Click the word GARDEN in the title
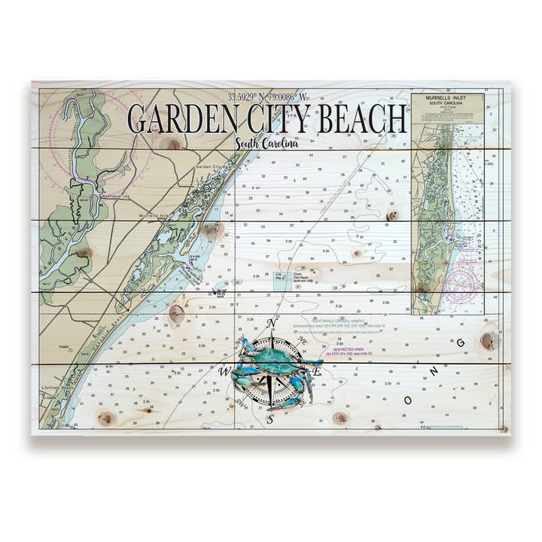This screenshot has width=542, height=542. point(178,120)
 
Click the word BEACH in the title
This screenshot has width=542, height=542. point(364,120)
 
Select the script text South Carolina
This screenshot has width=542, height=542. point(266,144)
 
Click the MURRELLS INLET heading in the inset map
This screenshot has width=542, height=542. point(447,99)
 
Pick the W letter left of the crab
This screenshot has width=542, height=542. point(224,372)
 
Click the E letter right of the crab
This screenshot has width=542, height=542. point(318,372)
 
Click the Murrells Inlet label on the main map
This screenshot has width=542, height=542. point(155,216)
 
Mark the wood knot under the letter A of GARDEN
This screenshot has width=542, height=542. point(174,143)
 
